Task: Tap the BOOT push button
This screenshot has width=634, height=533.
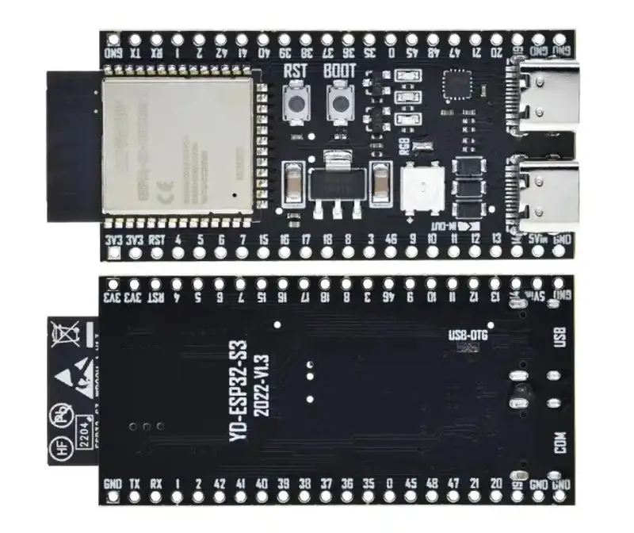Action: tap(342, 103)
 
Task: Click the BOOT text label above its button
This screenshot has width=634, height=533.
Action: tap(340, 71)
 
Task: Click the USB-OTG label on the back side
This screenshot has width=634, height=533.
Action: tap(468, 337)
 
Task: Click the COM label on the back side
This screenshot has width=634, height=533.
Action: tap(561, 441)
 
